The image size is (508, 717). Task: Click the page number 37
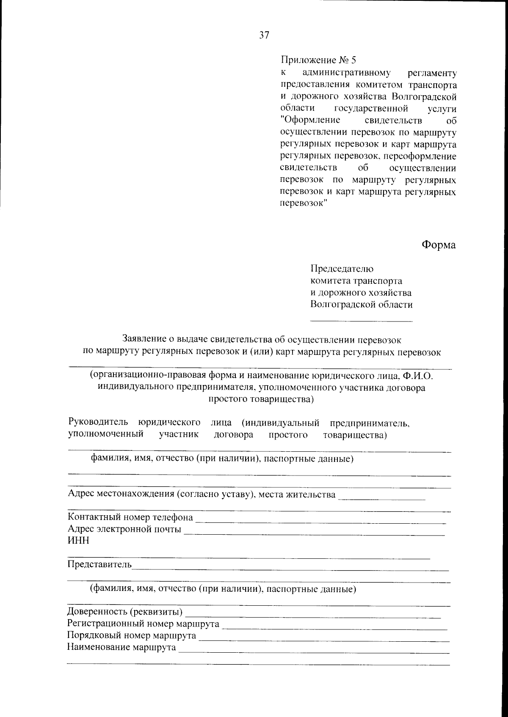click(264, 36)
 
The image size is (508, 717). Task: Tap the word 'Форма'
click(439, 245)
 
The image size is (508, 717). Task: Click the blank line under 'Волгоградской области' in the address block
click(361, 321)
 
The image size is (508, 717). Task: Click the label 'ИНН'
click(78, 541)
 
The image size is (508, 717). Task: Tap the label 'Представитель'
click(99, 565)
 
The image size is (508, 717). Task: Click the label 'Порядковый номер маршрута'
click(132, 636)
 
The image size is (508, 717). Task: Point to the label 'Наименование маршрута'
click(121, 648)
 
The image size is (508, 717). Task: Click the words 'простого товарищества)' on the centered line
click(261, 399)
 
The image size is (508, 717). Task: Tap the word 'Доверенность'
click(97, 612)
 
